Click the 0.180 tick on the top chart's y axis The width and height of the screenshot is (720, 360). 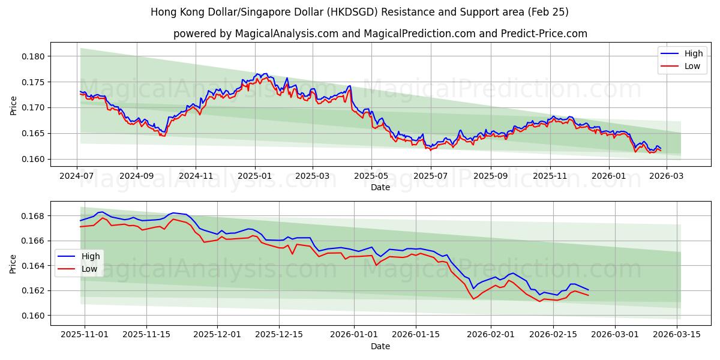click(x=34, y=56)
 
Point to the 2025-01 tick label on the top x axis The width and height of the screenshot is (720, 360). click(x=255, y=177)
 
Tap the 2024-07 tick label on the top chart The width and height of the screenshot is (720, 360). click(x=77, y=177)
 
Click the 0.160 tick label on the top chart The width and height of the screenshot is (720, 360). click(x=34, y=159)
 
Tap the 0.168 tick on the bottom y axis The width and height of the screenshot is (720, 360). click(x=34, y=216)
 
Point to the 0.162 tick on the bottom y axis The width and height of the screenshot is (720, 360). click(x=34, y=290)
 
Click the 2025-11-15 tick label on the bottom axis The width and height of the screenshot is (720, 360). click(x=146, y=333)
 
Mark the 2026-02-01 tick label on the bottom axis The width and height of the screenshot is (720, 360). click(x=491, y=333)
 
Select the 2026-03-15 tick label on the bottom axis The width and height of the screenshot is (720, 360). click(x=677, y=333)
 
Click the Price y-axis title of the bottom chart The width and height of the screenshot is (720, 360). click(x=14, y=263)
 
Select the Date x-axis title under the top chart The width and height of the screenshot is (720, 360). click(x=380, y=187)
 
